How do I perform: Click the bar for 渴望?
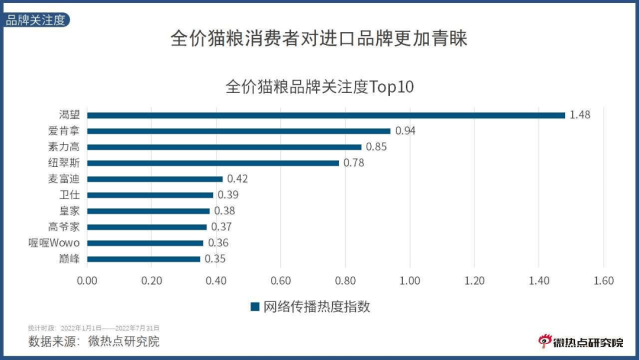[x=326, y=115]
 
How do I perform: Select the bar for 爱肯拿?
[x=238, y=131]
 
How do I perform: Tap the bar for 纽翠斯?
[x=213, y=163]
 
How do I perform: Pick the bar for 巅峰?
[x=143, y=259]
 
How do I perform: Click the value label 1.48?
[x=580, y=115]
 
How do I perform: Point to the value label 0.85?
[x=376, y=147]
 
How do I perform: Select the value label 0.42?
[x=237, y=179]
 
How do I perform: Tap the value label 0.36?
[x=218, y=243]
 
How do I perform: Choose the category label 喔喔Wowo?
[x=54, y=243]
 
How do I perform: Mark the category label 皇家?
[x=69, y=211]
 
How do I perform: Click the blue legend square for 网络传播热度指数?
[x=255, y=307]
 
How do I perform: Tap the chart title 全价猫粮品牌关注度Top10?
[x=319, y=87]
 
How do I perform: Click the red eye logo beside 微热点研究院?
[x=544, y=341]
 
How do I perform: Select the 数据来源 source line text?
[x=94, y=342]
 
